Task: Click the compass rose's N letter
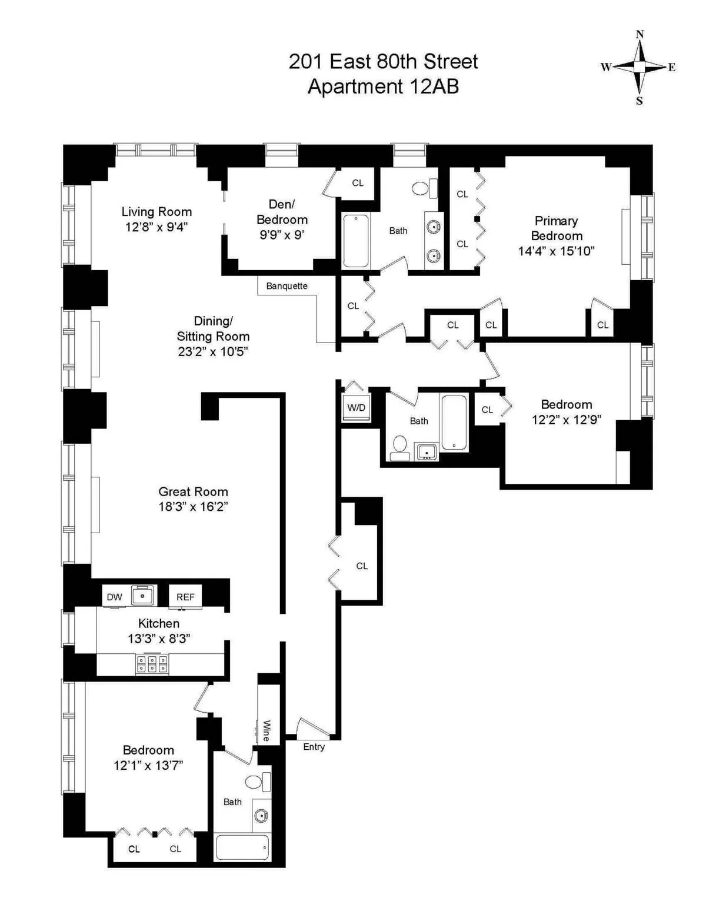(640, 35)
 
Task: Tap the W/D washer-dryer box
(356, 408)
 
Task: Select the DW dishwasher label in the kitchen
(114, 597)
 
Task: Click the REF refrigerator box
(185, 597)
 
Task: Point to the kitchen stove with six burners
(152, 664)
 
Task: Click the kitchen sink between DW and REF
(142, 596)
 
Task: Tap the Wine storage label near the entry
(266, 730)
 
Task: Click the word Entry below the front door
(314, 747)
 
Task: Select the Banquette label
(287, 286)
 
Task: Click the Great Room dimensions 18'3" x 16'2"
(193, 507)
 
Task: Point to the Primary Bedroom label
(556, 228)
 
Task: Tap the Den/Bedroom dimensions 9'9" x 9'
(282, 235)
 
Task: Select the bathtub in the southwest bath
(242, 847)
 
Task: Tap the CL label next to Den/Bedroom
(358, 183)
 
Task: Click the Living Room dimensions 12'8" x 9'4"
(156, 227)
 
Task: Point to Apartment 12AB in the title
(383, 87)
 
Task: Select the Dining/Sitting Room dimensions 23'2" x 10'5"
(213, 352)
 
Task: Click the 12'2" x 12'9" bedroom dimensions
(566, 420)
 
